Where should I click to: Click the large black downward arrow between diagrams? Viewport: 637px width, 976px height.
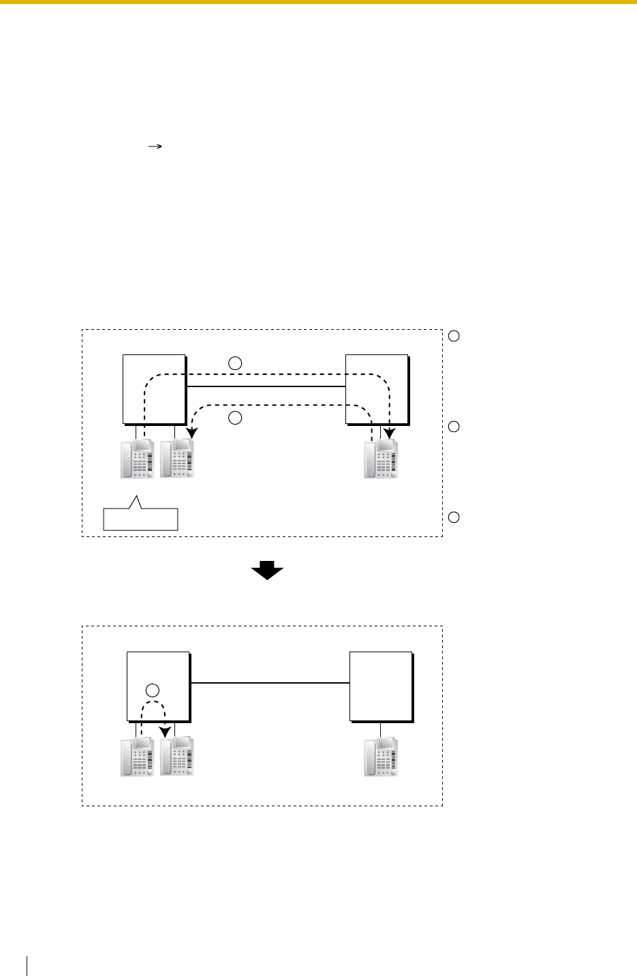pos(267,570)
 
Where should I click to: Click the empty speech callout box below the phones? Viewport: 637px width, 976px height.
pos(140,519)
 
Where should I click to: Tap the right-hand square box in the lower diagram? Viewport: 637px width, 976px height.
pos(380,686)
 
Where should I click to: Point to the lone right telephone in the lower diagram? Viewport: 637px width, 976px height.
pos(381,757)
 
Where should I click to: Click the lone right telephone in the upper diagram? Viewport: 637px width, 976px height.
pos(381,459)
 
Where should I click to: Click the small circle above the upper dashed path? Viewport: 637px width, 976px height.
pos(235,364)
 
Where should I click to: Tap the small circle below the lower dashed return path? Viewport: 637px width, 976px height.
pos(235,418)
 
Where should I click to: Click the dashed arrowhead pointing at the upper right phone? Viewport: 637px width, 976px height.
pos(390,433)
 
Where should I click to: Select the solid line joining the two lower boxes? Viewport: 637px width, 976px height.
pos(270,682)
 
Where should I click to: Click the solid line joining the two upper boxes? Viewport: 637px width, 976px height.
pos(266,386)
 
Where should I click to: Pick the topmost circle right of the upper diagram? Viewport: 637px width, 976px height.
pos(455,335)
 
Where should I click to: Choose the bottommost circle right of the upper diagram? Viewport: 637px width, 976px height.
pos(455,517)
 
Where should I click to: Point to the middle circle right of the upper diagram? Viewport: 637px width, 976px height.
pos(455,427)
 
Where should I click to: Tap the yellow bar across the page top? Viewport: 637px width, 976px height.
pos(318,2)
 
